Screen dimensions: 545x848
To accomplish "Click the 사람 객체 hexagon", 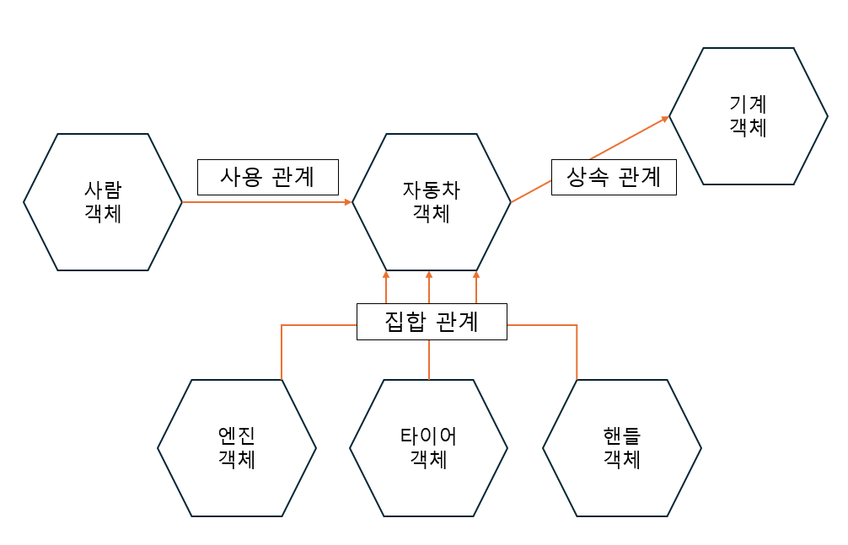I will [103, 202].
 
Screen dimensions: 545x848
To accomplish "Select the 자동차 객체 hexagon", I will [432, 202].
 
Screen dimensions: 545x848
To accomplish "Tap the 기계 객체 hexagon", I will [749, 116].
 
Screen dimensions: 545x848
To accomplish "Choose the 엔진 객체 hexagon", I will [237, 447].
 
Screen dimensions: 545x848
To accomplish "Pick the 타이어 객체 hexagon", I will [429, 447].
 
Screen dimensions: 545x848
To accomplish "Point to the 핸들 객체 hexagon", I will [622, 447].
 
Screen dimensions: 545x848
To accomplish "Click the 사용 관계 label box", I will [267, 177].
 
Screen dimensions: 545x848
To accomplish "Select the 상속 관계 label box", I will [614, 178].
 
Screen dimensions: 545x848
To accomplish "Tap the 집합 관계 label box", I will [432, 322].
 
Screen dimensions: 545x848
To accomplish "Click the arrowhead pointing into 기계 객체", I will [665, 119].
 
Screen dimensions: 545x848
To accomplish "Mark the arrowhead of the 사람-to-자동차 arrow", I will [347, 202].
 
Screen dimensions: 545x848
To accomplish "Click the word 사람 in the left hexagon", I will [103, 190].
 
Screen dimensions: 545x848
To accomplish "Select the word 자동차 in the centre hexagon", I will [432, 190].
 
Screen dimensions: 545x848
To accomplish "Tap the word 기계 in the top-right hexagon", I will [749, 104].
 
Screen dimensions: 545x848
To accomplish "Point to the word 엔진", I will [237, 435].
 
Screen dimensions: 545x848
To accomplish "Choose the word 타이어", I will [429, 435].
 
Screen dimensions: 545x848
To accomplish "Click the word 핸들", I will [622, 435].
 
